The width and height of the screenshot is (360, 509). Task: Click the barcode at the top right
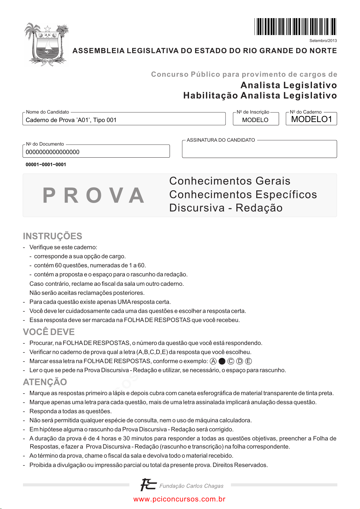click(x=295, y=27)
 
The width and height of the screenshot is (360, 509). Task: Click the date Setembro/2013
click(x=323, y=41)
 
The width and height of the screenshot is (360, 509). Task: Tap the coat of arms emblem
click(x=47, y=44)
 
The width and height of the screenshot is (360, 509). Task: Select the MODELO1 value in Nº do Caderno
click(x=311, y=119)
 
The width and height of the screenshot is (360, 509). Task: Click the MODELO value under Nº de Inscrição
click(x=255, y=120)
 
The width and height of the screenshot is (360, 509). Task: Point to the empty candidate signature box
click(x=259, y=150)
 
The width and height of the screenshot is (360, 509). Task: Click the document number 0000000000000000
click(x=53, y=152)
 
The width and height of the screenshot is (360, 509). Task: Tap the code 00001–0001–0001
click(x=46, y=165)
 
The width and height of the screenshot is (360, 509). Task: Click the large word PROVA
click(x=93, y=195)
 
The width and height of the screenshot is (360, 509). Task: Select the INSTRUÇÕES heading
click(x=53, y=236)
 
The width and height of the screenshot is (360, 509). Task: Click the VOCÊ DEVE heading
click(x=49, y=332)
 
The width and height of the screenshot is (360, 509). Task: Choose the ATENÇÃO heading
click(x=45, y=382)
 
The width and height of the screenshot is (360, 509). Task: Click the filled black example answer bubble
click(x=222, y=361)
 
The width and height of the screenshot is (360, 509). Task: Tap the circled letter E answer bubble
click(x=248, y=361)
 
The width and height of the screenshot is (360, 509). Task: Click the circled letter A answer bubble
click(x=213, y=361)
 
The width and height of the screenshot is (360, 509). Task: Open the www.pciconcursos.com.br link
click(x=180, y=499)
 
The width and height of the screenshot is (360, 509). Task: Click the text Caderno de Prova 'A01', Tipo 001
click(x=71, y=120)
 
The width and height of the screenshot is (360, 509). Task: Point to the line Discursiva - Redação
click(x=226, y=208)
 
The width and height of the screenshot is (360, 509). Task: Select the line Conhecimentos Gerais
click(x=230, y=181)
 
